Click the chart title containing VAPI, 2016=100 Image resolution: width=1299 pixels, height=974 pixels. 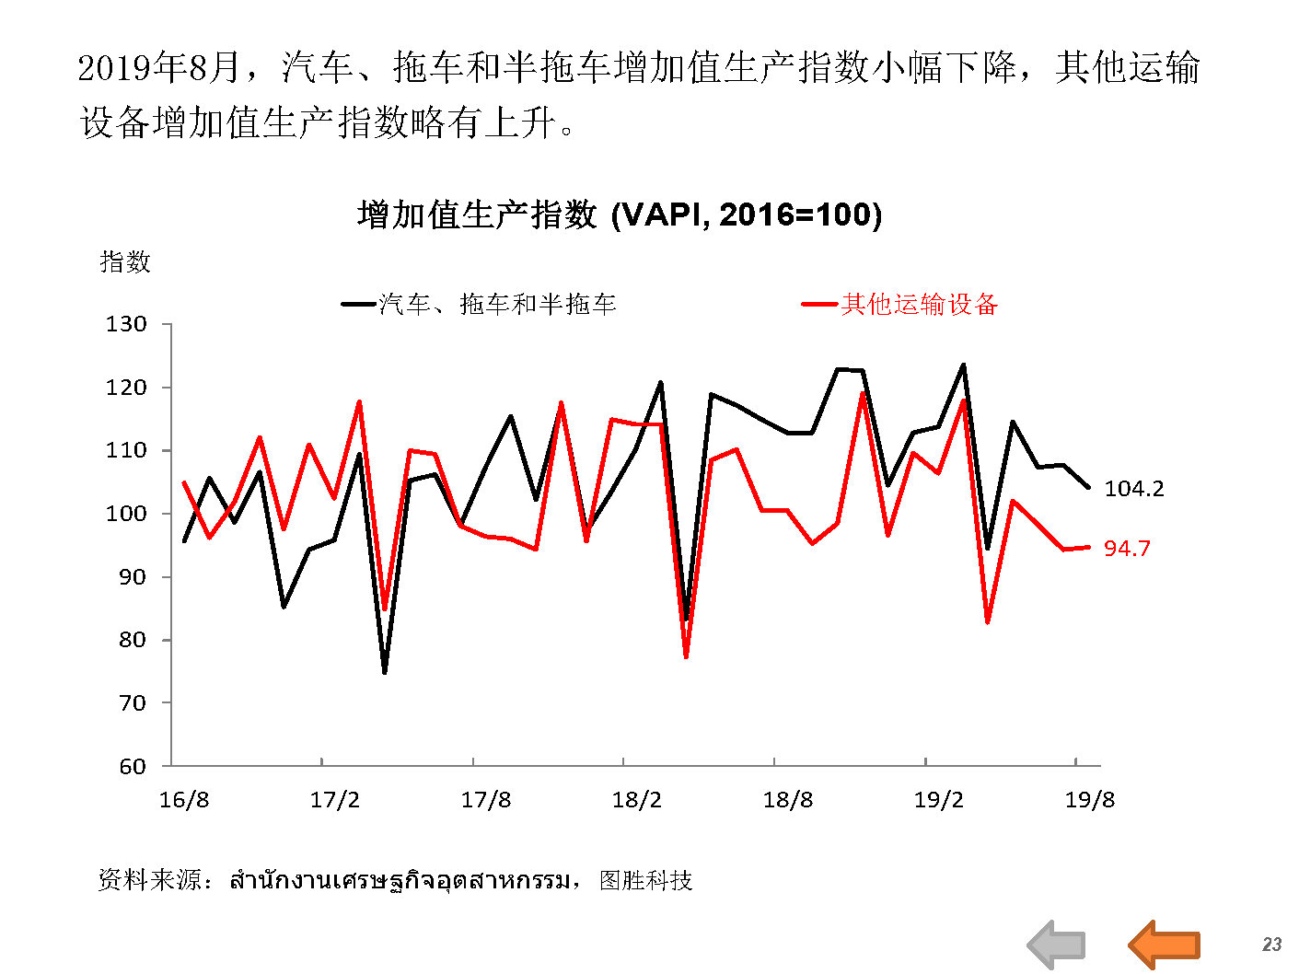coord(620,215)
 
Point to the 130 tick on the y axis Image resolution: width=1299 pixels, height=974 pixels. coord(126,324)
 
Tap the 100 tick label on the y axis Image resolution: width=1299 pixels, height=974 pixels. coord(126,514)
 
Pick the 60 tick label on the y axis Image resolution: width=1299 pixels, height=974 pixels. coord(132,766)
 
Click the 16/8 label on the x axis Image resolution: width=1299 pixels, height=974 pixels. coord(184,799)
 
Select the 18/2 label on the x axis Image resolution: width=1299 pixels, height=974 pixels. coord(636,799)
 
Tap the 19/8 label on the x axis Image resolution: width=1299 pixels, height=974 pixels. coord(1089,799)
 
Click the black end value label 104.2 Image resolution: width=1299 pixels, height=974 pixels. coord(1133,489)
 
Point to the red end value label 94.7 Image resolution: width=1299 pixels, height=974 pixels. coord(1127,549)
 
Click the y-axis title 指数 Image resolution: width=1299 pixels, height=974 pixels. coord(124,261)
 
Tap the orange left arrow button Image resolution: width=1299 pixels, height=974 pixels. coord(1164,944)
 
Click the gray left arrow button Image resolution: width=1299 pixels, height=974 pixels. coord(1056,944)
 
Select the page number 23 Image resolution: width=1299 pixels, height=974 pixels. coord(1271,944)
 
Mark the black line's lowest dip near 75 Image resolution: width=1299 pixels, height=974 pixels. coord(385,672)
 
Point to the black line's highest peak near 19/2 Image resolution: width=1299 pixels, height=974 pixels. coord(963,365)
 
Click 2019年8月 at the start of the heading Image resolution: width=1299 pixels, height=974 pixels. coord(158,67)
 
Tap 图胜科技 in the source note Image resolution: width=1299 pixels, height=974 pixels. coord(645,880)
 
